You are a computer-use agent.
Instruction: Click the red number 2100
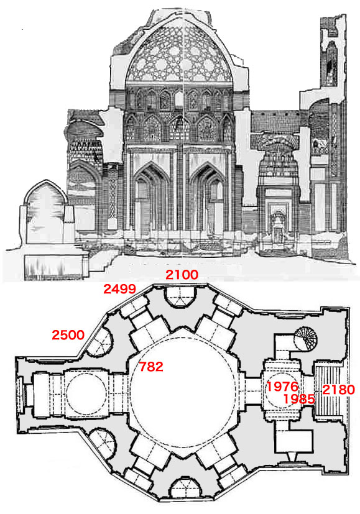point(182,274)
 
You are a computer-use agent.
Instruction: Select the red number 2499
point(119,289)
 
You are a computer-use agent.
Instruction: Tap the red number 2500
point(68,335)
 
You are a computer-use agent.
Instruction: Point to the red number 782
point(151,367)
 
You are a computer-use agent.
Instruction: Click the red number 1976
point(282,387)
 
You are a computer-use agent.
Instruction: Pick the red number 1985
point(298,398)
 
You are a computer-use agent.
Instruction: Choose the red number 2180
point(339,390)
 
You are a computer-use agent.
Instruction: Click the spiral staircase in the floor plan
point(305,339)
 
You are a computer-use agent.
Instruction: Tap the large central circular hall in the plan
point(183,392)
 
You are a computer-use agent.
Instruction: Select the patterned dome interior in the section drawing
point(180,53)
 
